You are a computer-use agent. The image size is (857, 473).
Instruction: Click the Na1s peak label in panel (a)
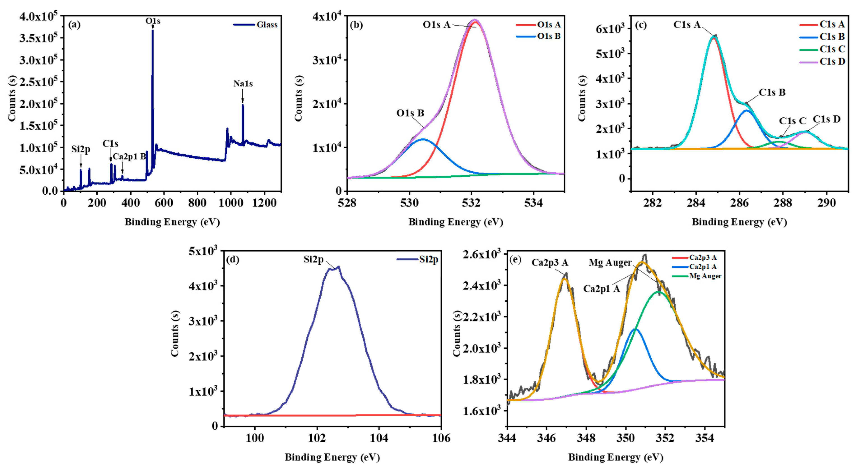[x=243, y=84]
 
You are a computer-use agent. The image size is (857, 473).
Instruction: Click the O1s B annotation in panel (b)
[x=410, y=113]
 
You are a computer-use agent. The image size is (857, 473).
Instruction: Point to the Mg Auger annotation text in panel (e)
[x=610, y=263]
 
